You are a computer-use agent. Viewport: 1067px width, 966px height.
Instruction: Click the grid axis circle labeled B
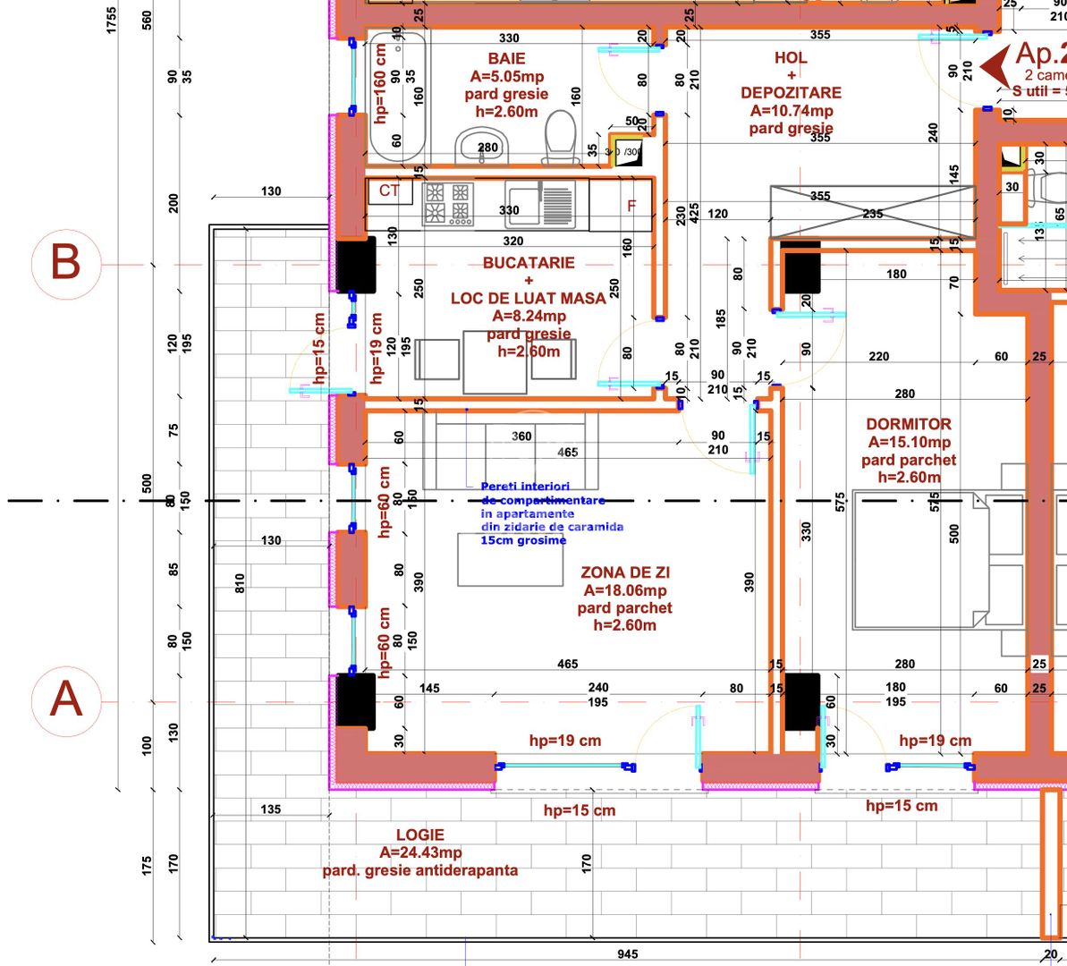tap(65, 264)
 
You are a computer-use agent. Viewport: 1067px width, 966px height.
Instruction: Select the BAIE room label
tap(506, 58)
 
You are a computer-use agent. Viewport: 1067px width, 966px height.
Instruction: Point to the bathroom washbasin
tap(482, 148)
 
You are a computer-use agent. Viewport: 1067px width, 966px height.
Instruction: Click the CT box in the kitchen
tap(389, 191)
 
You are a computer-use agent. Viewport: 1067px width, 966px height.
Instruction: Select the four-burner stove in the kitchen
tap(447, 202)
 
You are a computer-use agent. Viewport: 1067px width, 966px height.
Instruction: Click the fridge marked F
tap(631, 206)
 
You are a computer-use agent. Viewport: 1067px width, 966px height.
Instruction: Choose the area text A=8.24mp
tap(529, 316)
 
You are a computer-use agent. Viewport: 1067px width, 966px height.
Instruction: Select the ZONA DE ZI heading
tap(624, 572)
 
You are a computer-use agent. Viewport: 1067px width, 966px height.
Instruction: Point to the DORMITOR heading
tap(908, 424)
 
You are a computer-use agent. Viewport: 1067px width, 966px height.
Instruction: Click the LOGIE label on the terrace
tap(419, 835)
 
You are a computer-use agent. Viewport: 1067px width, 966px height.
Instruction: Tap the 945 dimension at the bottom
tap(628, 953)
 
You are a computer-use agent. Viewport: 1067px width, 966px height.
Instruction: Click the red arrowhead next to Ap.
tap(994, 67)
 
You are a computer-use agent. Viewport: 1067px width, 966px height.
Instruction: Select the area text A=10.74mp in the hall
tap(791, 111)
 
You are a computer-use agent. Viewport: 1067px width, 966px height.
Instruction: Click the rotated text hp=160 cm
tap(380, 84)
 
